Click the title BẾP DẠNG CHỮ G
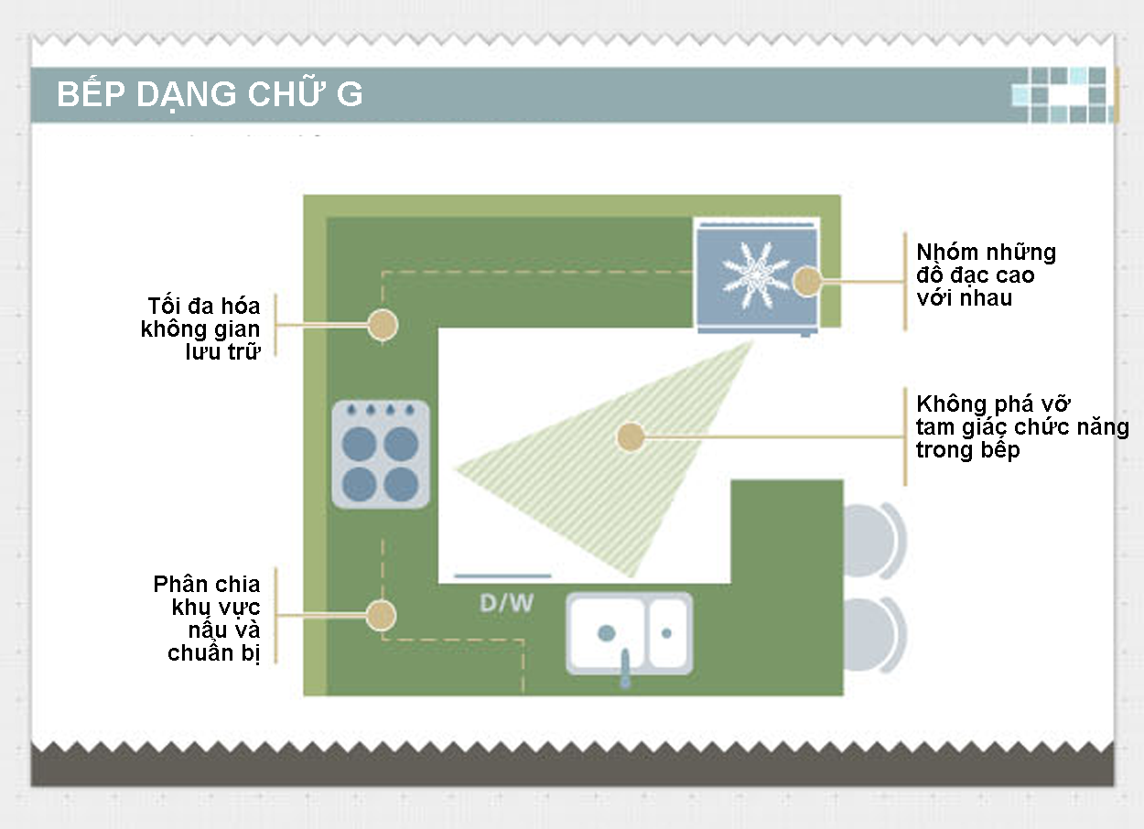point(210,95)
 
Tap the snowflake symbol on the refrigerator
point(754,269)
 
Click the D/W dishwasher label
point(507,604)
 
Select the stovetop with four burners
point(381,454)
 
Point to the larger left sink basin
point(607,632)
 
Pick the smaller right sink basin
point(667,632)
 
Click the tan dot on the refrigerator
point(806,282)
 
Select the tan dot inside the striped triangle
point(629,436)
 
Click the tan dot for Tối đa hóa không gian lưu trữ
point(382,324)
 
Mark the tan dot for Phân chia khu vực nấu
point(381,615)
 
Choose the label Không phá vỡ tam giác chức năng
point(1021,427)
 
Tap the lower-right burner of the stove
point(401,483)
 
